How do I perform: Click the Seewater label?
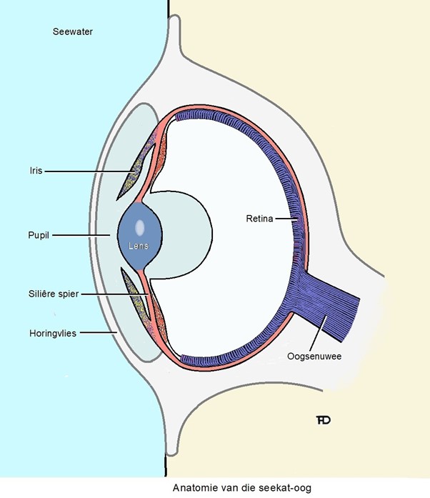coord(73,32)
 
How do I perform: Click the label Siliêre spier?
coord(49,294)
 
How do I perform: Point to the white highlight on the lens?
coord(139,227)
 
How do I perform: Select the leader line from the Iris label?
coord(86,171)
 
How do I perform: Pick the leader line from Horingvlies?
coord(96,332)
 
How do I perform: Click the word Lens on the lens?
coord(139,245)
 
